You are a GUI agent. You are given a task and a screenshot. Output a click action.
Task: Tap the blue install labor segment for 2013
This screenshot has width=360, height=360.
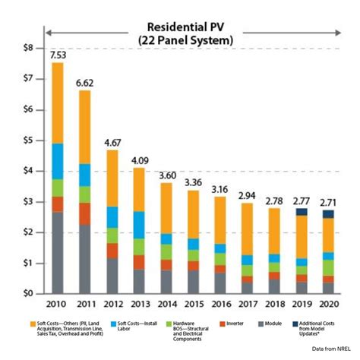pyautogui.click(x=139, y=224)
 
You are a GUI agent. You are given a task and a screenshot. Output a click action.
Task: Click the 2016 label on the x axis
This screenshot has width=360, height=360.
pyautogui.click(x=220, y=305)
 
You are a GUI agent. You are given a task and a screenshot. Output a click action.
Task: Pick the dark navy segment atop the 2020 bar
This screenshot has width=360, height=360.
pyautogui.click(x=328, y=214)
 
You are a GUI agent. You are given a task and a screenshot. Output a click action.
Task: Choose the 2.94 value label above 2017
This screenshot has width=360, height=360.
pyautogui.click(x=247, y=195)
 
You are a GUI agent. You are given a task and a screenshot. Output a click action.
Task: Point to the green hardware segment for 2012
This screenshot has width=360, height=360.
pyautogui.click(x=112, y=235)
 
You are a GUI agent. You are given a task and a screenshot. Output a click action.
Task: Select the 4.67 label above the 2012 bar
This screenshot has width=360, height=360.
pyautogui.click(x=112, y=142)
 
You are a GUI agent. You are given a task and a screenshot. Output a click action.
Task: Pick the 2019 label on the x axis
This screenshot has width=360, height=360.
pyautogui.click(x=302, y=305)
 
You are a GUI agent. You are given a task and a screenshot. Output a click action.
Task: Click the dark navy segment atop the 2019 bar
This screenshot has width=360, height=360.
pyautogui.click(x=302, y=212)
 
